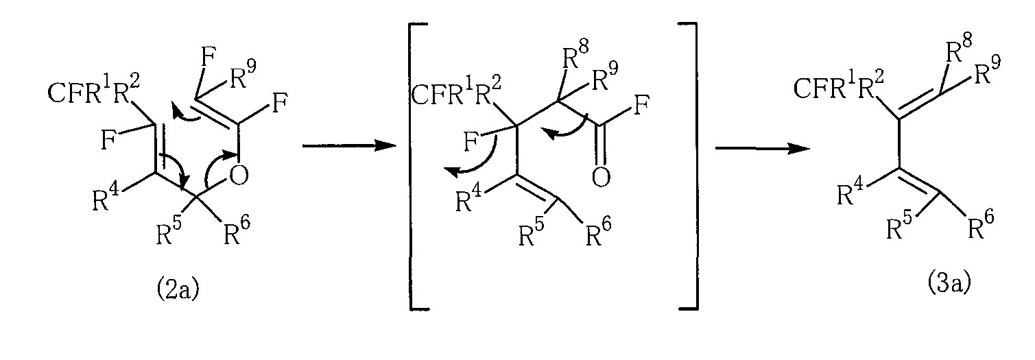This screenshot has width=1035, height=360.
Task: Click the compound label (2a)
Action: pyautogui.click(x=178, y=290)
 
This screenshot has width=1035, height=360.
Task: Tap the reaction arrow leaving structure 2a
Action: pyautogui.click(x=349, y=146)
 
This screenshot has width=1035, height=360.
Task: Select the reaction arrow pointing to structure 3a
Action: pyautogui.click(x=763, y=148)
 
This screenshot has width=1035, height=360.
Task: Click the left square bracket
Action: pyautogui.click(x=412, y=166)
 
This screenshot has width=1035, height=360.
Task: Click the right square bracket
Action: pyautogui.click(x=695, y=166)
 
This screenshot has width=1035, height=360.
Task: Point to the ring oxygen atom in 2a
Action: pyautogui.click(x=239, y=175)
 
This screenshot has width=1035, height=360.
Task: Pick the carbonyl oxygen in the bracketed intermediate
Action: pyautogui.click(x=601, y=177)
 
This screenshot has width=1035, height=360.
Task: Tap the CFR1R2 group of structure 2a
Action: pyautogui.click(x=93, y=91)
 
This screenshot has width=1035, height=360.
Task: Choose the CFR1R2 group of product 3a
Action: pyautogui.click(x=839, y=86)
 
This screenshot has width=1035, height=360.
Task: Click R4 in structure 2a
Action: pyautogui.click(x=106, y=197)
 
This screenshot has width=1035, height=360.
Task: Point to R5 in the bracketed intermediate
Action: pyautogui.click(x=532, y=231)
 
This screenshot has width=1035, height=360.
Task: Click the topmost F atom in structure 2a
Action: pyautogui.click(x=209, y=60)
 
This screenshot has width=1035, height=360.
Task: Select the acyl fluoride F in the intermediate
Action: pyautogui.click(x=642, y=105)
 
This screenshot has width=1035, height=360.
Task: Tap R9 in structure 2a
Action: pyautogui.click(x=243, y=75)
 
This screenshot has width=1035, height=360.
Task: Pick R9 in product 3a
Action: pyautogui.click(x=988, y=70)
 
